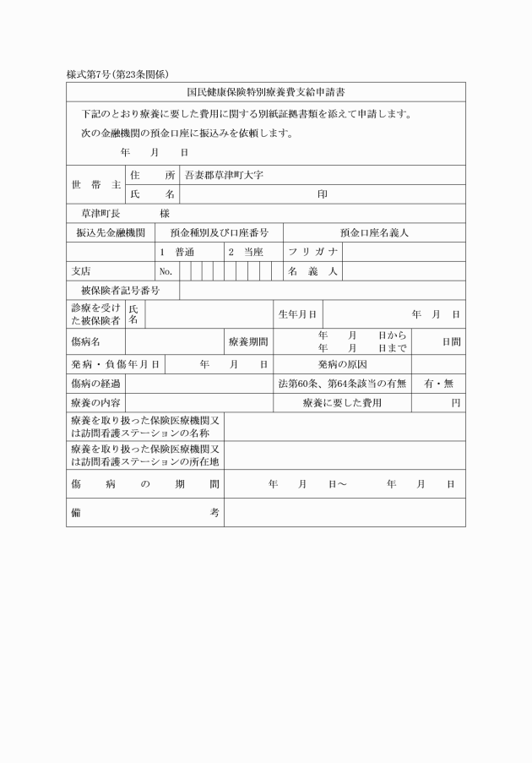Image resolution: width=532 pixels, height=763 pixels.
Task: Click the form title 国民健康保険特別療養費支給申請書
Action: click(266, 92)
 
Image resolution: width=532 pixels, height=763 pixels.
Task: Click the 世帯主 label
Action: click(94, 184)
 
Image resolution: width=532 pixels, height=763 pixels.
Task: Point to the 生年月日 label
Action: click(297, 314)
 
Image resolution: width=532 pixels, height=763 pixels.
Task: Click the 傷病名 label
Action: click(85, 342)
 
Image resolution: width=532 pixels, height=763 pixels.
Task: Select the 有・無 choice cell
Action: click(438, 384)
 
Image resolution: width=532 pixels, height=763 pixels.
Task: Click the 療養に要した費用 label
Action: click(342, 403)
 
